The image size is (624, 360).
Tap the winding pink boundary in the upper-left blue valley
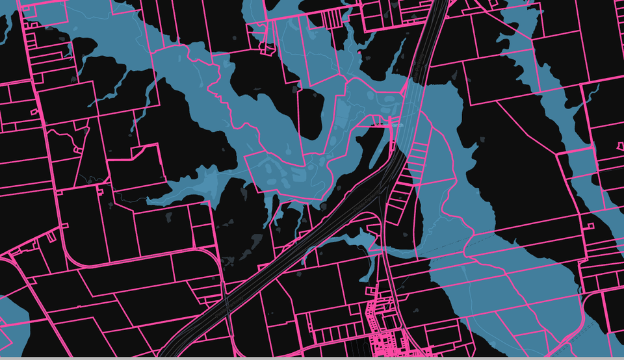pyautogui.click(x=195, y=78)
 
